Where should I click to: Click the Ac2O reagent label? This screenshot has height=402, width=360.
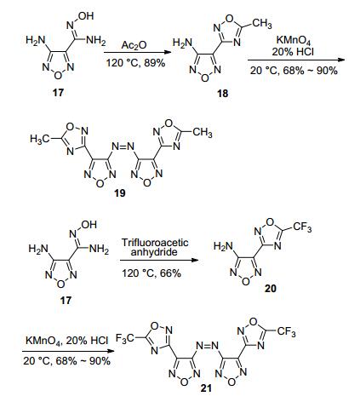[134, 45]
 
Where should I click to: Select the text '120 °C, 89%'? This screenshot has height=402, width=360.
[135, 63]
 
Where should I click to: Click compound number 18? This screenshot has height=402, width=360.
[223, 94]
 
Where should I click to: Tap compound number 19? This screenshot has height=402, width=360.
[119, 193]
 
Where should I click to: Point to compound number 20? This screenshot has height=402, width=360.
[270, 289]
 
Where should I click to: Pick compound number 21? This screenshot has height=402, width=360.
[206, 388]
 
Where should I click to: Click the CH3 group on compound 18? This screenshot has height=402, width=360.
[261, 23]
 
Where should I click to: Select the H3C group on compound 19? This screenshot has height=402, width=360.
[40, 139]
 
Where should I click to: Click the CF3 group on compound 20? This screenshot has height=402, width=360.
[302, 227]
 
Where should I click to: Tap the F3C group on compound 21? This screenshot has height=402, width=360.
[125, 337]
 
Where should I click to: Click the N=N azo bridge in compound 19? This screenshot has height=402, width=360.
[123, 146]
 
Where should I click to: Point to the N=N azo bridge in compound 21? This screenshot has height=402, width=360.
[208, 346]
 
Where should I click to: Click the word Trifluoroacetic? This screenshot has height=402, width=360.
[155, 243]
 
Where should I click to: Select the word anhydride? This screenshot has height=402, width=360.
[154, 252]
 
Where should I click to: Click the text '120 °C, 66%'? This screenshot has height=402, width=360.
[151, 273]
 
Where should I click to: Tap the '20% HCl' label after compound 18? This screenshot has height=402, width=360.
[293, 52]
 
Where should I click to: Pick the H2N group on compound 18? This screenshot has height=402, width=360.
[182, 43]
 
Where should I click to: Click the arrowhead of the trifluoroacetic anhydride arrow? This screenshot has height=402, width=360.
[194, 260]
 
